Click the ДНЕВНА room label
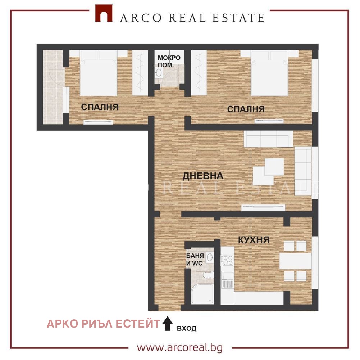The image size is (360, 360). [203, 176]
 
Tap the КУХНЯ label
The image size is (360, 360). [254, 240]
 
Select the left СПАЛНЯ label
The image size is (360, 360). [100, 107]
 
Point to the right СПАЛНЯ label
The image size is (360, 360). [246, 109]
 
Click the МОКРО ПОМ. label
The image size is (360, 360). [169, 61]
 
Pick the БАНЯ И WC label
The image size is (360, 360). [195, 260]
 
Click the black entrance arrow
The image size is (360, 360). [168, 323]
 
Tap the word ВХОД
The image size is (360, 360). [186, 328]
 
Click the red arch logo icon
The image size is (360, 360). [104, 13]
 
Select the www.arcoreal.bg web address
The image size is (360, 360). [180, 348]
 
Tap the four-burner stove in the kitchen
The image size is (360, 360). [228, 260]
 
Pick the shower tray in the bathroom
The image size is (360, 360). [202, 294]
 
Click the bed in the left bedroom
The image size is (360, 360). [99, 73]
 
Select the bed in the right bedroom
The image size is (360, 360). [269, 73]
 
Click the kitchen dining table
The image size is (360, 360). [295, 261]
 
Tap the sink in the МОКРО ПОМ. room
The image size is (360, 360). [159, 73]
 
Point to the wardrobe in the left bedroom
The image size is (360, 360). [140, 73]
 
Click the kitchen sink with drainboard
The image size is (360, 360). [228, 280]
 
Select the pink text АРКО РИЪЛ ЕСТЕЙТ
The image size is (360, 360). [103, 324]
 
